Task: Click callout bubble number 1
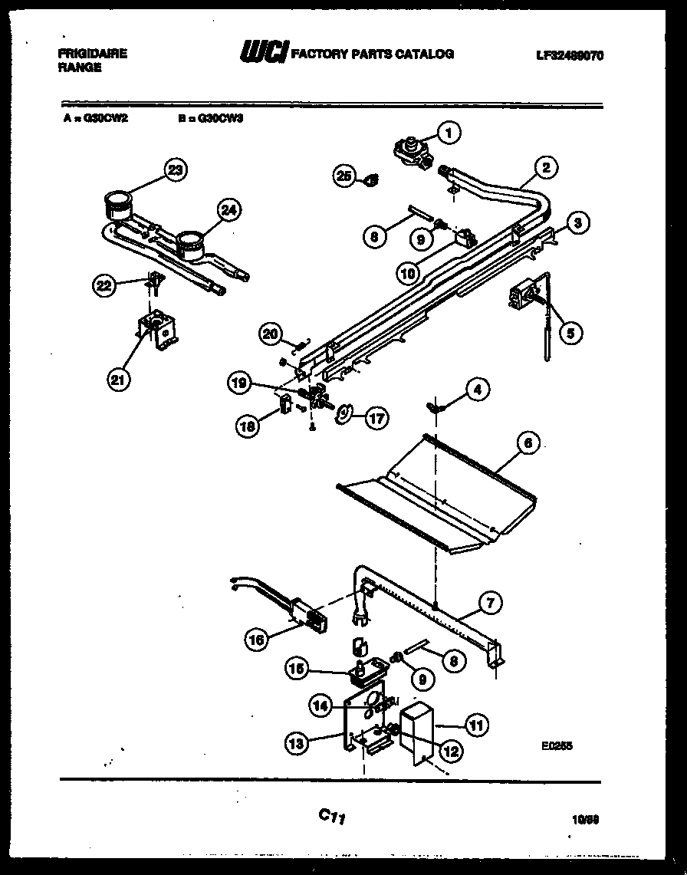[x=450, y=133]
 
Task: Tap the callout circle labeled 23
[x=176, y=170]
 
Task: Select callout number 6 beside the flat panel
[x=528, y=443]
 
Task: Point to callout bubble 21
[x=119, y=379]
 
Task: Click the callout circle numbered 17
[x=376, y=418]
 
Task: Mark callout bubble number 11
[x=477, y=725]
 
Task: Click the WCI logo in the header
[x=265, y=53]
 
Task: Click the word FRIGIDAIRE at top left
[x=92, y=54]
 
